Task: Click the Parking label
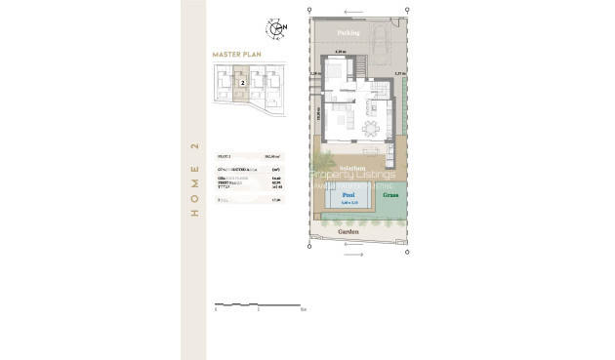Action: pos(348,32)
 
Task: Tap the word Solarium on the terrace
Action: pos(351,169)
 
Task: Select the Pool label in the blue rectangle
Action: pos(348,195)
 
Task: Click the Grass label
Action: pos(390,194)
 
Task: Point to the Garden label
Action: pos(348,232)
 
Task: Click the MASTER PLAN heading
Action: pos(235,55)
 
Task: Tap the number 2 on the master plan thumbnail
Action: pos(241,84)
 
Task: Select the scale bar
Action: pos(260,305)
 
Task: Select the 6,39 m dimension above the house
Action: pos(341,51)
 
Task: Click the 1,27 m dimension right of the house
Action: pos(398,74)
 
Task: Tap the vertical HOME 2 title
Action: pos(194,180)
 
